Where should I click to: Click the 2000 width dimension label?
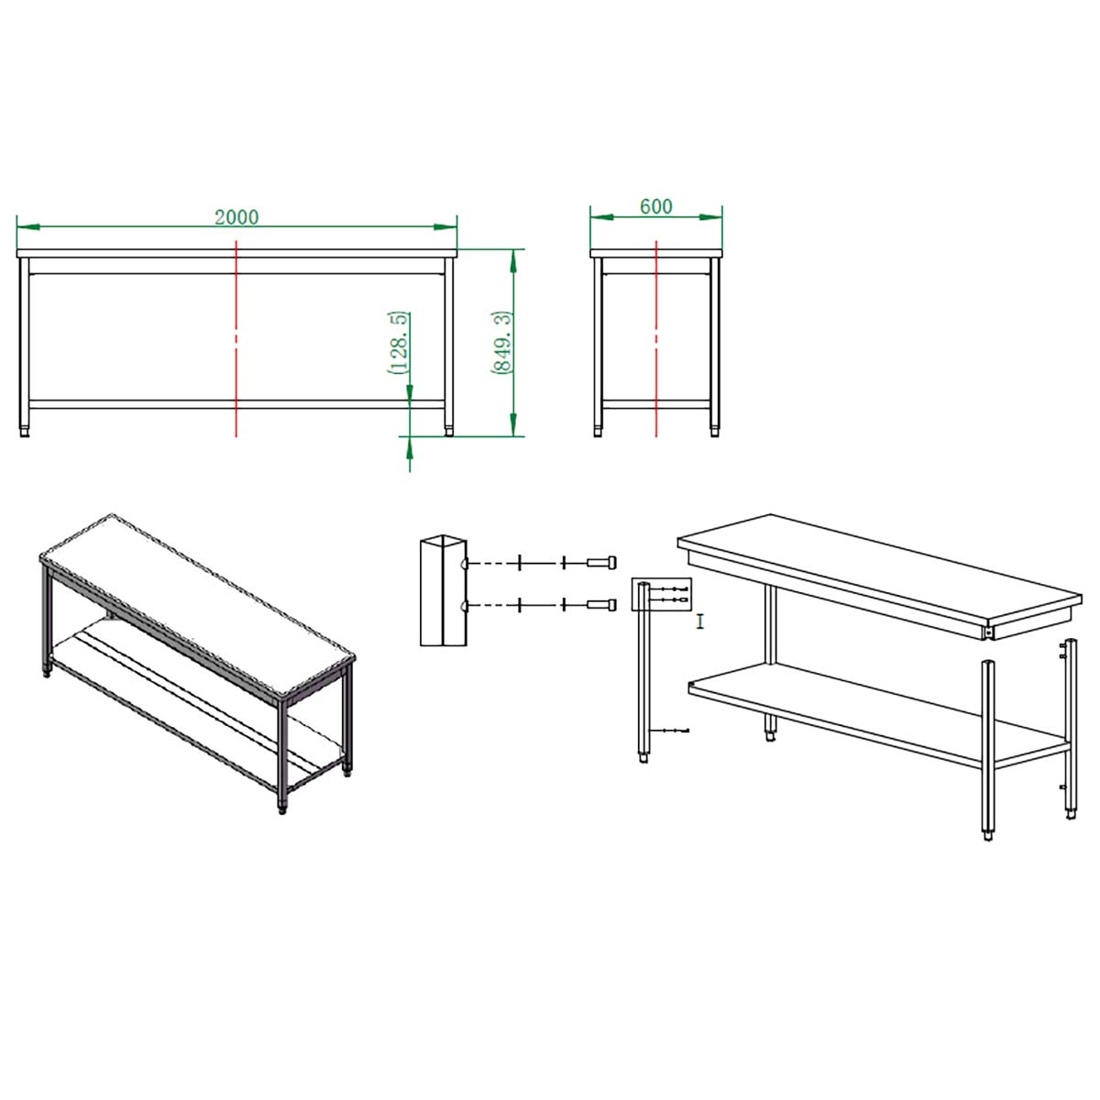coord(236,217)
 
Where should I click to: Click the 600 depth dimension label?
coord(656,206)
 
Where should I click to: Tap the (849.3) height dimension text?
coord(501,343)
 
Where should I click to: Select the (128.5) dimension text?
coord(399,343)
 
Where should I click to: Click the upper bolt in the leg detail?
coord(601,562)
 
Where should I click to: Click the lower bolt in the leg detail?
coord(601,604)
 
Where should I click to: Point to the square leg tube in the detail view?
coord(444,591)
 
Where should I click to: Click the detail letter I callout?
coord(699,621)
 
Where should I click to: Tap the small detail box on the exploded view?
coord(662,594)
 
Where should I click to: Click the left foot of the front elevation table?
coord(24,432)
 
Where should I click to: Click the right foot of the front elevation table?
coord(448,432)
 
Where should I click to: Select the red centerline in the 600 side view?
coord(656,339)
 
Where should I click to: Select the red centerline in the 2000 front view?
coord(236,339)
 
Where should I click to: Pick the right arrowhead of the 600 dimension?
coord(710,217)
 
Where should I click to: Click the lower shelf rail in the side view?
coord(656,404)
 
